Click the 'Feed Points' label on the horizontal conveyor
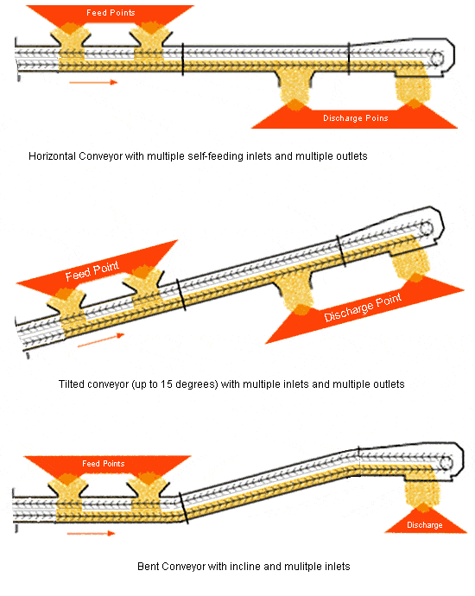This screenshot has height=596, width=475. coord(111,13)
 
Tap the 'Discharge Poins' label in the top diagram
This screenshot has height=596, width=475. coord(356,118)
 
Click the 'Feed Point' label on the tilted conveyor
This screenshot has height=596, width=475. coord(92,270)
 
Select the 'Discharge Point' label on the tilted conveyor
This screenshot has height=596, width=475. coord(363,308)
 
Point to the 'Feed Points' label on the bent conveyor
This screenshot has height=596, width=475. coord(104,464)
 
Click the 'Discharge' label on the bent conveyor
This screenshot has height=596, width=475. coord(425,525)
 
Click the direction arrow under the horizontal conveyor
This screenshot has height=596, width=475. coord(93,82)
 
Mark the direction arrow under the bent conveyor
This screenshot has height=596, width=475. coord(91,533)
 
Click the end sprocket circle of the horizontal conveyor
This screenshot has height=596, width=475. coord(437,60)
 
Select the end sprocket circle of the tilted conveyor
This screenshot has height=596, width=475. coord(426,228)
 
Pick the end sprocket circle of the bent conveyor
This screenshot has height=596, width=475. coord(446,463)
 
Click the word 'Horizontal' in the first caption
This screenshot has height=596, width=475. coord(52,156)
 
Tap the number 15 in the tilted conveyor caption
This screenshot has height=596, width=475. coord(167,384)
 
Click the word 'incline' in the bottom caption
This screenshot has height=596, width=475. coord(245,567)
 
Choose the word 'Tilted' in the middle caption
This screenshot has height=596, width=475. coord(72,384)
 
